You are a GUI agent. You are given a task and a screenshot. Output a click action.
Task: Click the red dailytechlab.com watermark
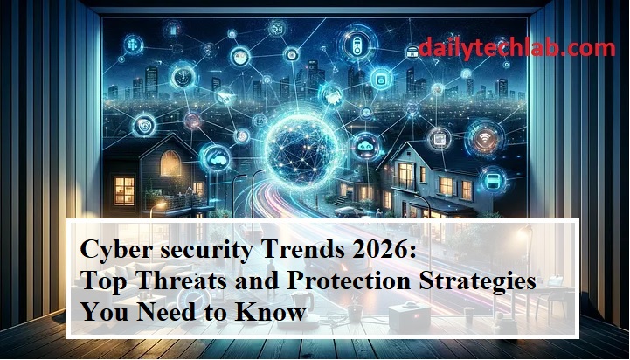(x=516, y=48)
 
